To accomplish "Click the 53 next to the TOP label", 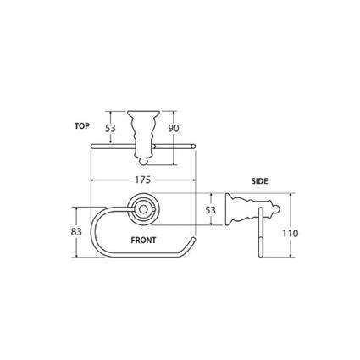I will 110,130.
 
